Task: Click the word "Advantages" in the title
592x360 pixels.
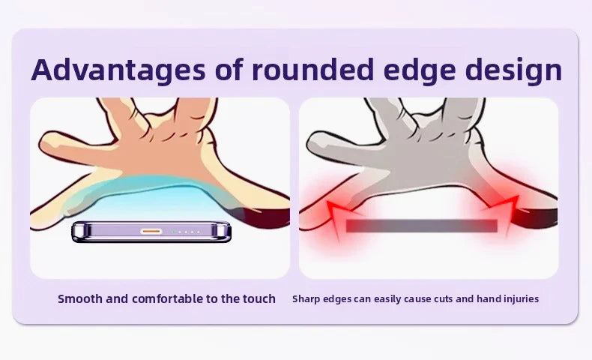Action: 118,70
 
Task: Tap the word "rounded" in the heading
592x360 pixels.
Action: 313,70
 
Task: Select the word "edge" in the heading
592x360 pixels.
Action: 419,70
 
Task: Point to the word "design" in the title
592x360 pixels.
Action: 513,70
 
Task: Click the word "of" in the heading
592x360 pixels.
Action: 229,70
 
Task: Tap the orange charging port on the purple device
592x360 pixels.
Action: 151,232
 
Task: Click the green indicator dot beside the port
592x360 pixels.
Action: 173,232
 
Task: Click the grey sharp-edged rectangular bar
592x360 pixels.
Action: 421,226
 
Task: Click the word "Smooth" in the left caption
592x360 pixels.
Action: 80,298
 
